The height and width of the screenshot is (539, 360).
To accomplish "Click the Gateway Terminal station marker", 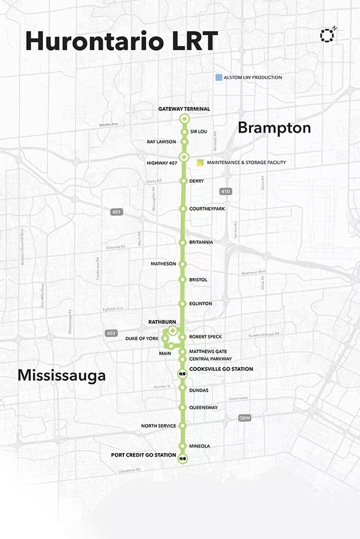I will click(x=184, y=119).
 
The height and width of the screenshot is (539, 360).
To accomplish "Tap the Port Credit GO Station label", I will click(x=143, y=455).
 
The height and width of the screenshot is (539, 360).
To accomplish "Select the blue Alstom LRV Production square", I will click(x=219, y=78).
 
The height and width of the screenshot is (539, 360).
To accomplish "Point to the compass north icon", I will click(x=327, y=35).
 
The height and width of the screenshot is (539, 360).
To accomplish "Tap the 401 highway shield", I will click(x=116, y=212).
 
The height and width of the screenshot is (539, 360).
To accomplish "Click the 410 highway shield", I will click(x=225, y=192).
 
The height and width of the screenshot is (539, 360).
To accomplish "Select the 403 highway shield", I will click(x=111, y=333).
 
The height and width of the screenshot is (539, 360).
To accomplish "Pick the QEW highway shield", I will click(x=244, y=418).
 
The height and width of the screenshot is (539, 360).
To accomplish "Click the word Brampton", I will click(x=274, y=128).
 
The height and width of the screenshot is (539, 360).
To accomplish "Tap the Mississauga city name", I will click(x=62, y=376).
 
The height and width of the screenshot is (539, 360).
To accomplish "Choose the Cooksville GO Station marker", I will click(x=182, y=374).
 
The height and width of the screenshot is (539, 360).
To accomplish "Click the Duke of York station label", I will click(x=142, y=339).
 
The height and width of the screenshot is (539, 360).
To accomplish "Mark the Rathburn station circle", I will click(x=173, y=330).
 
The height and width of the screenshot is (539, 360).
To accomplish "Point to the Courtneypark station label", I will click(x=207, y=209).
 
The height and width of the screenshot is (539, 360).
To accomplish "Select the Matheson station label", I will click(x=163, y=264).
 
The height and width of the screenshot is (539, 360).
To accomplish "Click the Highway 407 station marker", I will click(x=184, y=157).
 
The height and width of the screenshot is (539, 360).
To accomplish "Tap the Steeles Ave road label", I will click(x=109, y=124).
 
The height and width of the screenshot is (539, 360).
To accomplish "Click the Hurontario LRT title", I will click(x=121, y=41).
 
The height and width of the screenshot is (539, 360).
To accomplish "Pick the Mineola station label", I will click(x=200, y=446).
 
